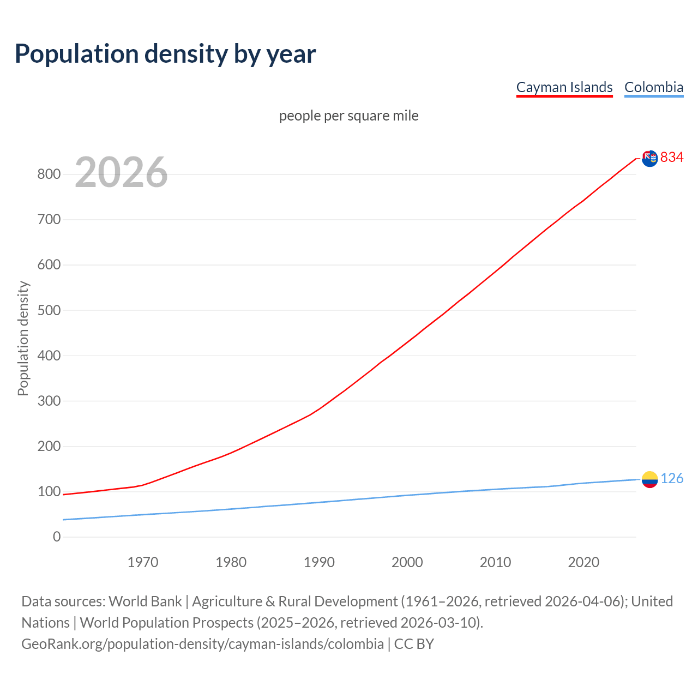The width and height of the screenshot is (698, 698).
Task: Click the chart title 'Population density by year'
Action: [x=165, y=54]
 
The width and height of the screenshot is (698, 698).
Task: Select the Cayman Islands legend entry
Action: [x=564, y=88]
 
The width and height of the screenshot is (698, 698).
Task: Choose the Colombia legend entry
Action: [x=653, y=88]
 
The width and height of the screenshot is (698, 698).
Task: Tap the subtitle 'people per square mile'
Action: [x=348, y=116]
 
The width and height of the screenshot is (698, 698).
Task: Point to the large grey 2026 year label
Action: [x=121, y=172]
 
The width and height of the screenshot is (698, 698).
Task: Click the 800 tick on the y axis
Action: [x=49, y=174]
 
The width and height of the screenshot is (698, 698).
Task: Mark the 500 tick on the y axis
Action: [x=49, y=310]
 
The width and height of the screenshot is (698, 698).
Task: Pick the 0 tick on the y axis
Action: [x=57, y=537]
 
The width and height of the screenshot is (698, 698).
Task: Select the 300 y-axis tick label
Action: [x=49, y=401]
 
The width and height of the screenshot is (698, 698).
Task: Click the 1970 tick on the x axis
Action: [x=143, y=562]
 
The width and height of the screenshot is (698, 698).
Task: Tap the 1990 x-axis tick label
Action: [x=319, y=562]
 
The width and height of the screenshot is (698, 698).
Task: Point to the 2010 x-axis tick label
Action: [x=495, y=562]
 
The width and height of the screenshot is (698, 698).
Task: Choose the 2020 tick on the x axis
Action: [x=583, y=562]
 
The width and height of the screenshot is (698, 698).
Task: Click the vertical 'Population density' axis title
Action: [x=23, y=338]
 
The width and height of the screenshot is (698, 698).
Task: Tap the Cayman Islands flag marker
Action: [x=649, y=158]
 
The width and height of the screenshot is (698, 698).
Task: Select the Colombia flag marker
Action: [x=649, y=479]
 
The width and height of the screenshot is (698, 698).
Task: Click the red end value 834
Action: [x=672, y=158]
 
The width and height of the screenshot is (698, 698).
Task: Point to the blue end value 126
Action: [x=672, y=479]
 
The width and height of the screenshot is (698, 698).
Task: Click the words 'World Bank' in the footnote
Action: [x=145, y=601]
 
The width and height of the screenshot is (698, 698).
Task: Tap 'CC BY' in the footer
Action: [x=414, y=644]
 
